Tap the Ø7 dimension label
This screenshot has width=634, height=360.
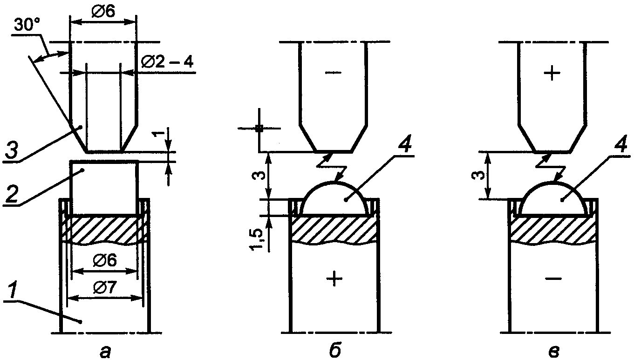[104, 288]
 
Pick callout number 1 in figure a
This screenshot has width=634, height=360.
[13, 293]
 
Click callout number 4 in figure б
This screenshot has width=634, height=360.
[405, 145]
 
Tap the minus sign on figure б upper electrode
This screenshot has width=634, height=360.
[334, 73]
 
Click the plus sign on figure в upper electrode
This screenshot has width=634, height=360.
[552, 73]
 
